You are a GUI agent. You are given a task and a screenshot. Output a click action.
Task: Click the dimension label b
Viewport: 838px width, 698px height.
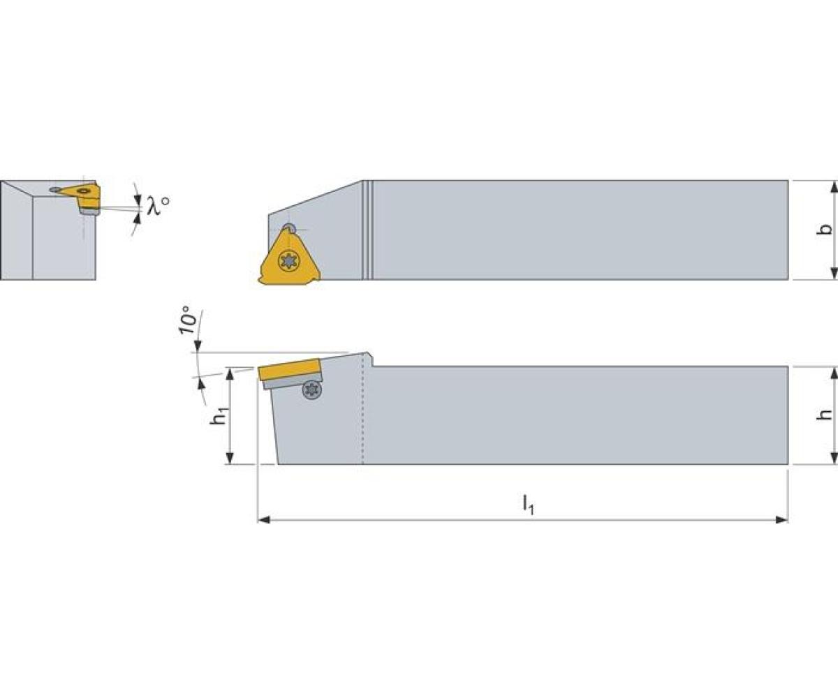click(825, 230)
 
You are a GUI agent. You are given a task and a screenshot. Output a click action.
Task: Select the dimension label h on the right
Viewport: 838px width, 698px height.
click(825, 415)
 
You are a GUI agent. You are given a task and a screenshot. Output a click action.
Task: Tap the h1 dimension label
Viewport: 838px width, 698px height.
click(219, 415)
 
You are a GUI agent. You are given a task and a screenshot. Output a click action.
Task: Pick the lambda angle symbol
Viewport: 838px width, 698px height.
click(157, 206)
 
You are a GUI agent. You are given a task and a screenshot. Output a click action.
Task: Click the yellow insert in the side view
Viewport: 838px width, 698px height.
click(289, 369)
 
